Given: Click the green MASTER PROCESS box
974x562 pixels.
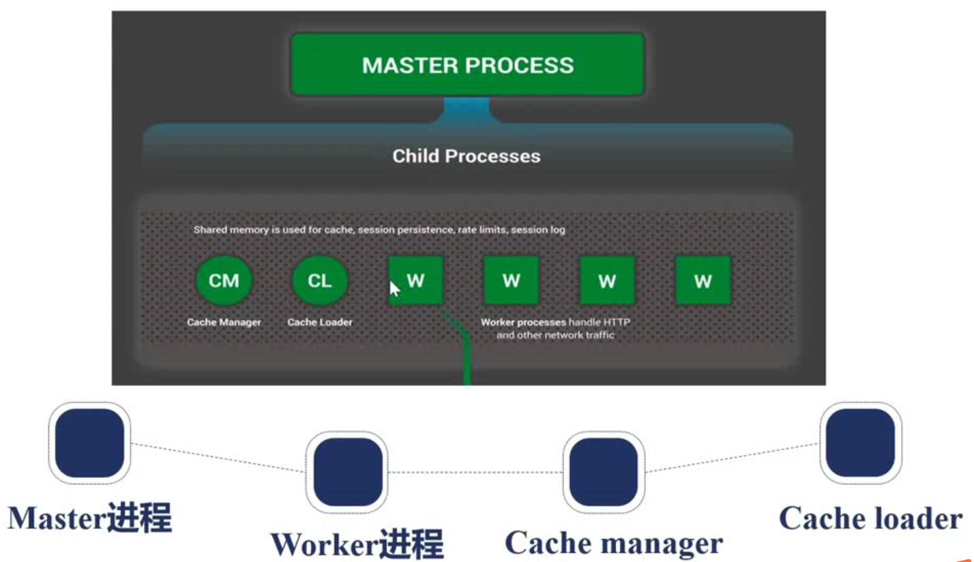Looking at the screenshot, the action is pyautogui.click(x=467, y=64).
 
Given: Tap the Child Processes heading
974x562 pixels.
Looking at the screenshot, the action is pyautogui.click(x=467, y=157).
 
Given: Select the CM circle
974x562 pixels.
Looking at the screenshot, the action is pyautogui.click(x=224, y=281).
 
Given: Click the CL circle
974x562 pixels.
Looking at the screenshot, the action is pyautogui.click(x=320, y=281).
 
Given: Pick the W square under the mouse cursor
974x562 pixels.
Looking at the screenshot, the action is pyautogui.click(x=416, y=281).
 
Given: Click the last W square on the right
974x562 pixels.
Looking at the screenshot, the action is pyautogui.click(x=703, y=281).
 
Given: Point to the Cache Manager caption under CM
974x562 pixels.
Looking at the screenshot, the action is pyautogui.click(x=224, y=322).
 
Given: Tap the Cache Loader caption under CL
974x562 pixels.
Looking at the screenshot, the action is pyautogui.click(x=320, y=322).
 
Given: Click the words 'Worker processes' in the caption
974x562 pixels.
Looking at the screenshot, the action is pyautogui.click(x=523, y=322).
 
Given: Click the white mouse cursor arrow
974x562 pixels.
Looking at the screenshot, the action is pyautogui.click(x=394, y=288).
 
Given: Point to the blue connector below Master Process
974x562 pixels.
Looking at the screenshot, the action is pyautogui.click(x=467, y=110).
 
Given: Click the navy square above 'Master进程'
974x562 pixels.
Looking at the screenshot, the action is pyautogui.click(x=89, y=443).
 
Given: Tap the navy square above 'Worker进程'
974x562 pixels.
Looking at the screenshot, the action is pyautogui.click(x=348, y=472).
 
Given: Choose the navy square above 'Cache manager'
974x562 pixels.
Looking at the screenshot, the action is pyautogui.click(x=604, y=472).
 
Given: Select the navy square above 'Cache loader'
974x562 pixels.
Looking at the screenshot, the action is pyautogui.click(x=861, y=443).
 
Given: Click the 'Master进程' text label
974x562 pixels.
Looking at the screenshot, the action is pyautogui.click(x=89, y=518).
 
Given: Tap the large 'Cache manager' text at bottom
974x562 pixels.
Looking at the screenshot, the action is pyautogui.click(x=614, y=544).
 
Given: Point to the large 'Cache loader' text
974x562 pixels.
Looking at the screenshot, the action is pyautogui.click(x=870, y=518).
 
